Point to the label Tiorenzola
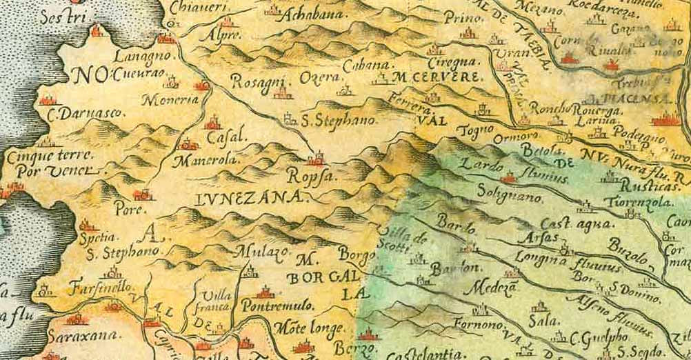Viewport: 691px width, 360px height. coord(634,202)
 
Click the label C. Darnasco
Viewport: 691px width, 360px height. coord(75,112)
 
